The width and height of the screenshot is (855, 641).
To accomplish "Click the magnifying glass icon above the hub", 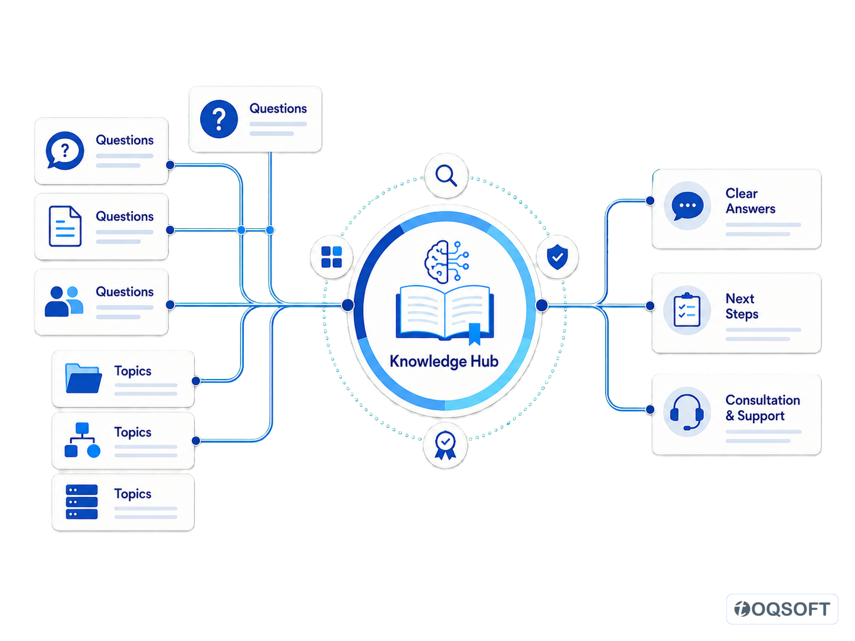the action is point(446,175).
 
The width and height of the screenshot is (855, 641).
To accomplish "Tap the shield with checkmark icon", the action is point(557,257).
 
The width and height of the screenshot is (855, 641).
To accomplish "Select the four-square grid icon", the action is point(331,257).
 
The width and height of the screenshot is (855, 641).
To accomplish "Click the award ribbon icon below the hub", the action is point(445,446).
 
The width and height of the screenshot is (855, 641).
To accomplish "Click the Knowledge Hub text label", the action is point(444,361).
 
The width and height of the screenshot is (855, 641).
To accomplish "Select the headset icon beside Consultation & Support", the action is point(687,412).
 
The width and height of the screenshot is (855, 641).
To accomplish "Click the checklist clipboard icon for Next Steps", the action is point(687,309).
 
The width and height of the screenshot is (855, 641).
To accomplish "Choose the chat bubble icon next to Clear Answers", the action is point(687,206).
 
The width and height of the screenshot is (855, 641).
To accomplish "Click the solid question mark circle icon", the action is point(219,119).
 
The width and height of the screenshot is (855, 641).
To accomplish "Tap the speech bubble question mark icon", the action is point(65,151).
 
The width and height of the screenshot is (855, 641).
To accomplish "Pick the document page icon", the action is point(65,226).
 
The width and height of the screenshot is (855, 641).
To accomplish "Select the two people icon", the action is point(64,301).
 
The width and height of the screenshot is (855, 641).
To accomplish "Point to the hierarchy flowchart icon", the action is point(82,440).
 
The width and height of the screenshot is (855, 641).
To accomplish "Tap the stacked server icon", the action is point(82,502).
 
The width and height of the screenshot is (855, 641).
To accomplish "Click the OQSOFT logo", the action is point(782,609).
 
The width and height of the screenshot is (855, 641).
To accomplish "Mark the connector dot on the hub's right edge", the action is point(541,305).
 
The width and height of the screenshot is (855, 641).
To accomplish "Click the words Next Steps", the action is point(742,306).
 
